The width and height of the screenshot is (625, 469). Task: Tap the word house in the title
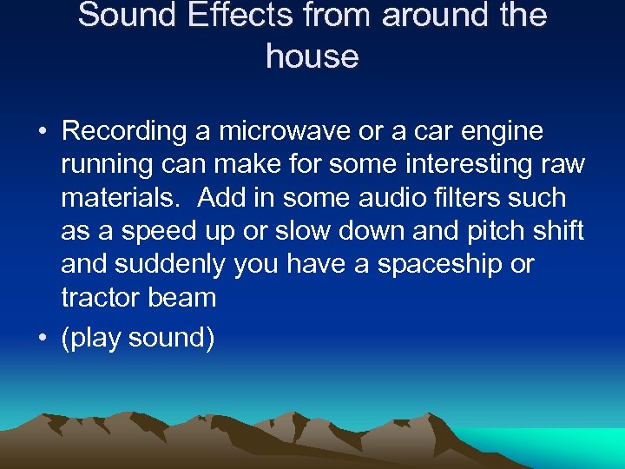[x=312, y=56]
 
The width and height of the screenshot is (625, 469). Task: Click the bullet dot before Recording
[x=42, y=133]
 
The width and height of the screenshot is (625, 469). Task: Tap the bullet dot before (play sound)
[x=42, y=339]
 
